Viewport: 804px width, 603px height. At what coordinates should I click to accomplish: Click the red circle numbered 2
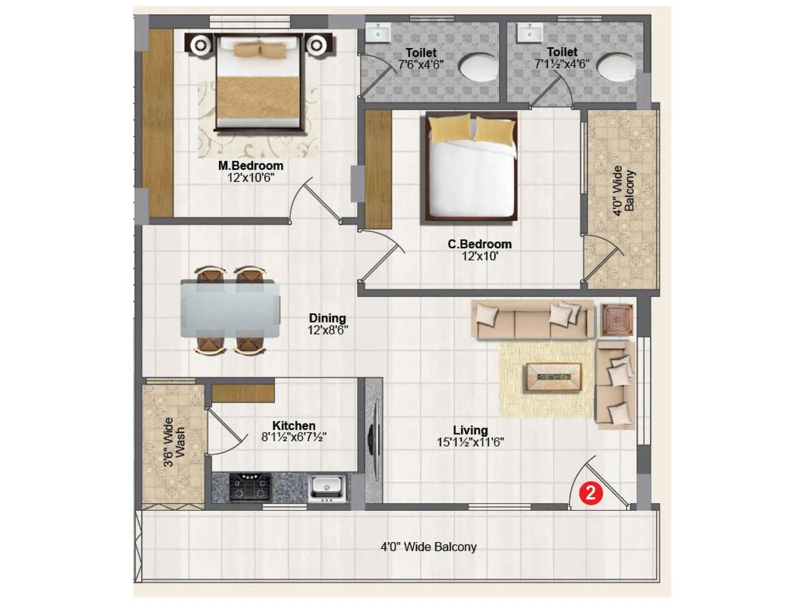(590, 492)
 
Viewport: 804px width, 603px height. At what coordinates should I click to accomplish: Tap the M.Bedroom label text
(250, 166)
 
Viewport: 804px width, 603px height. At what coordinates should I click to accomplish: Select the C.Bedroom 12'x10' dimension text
(480, 256)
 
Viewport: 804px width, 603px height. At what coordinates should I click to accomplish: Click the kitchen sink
(327, 487)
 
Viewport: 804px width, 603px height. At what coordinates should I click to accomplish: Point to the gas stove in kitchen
(250, 486)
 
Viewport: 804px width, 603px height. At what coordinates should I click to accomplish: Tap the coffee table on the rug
(553, 377)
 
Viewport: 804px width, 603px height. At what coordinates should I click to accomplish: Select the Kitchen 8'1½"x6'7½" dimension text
(294, 437)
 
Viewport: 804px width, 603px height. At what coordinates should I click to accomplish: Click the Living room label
(470, 430)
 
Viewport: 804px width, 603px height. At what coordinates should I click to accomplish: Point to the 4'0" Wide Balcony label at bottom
(428, 547)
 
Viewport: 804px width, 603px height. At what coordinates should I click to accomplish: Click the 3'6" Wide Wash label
(174, 442)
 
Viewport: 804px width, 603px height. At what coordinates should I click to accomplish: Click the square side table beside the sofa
(617, 320)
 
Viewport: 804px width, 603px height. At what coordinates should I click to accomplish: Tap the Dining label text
(327, 318)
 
